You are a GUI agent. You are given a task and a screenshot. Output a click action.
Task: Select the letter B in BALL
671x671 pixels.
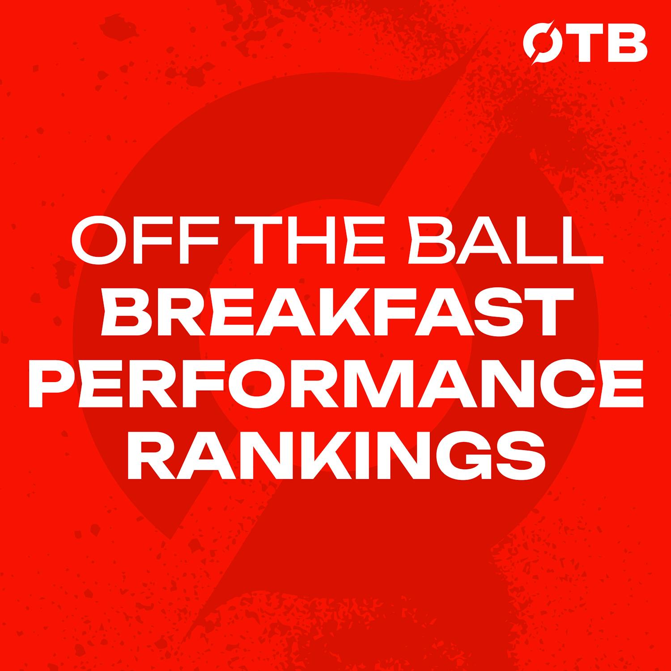425,243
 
